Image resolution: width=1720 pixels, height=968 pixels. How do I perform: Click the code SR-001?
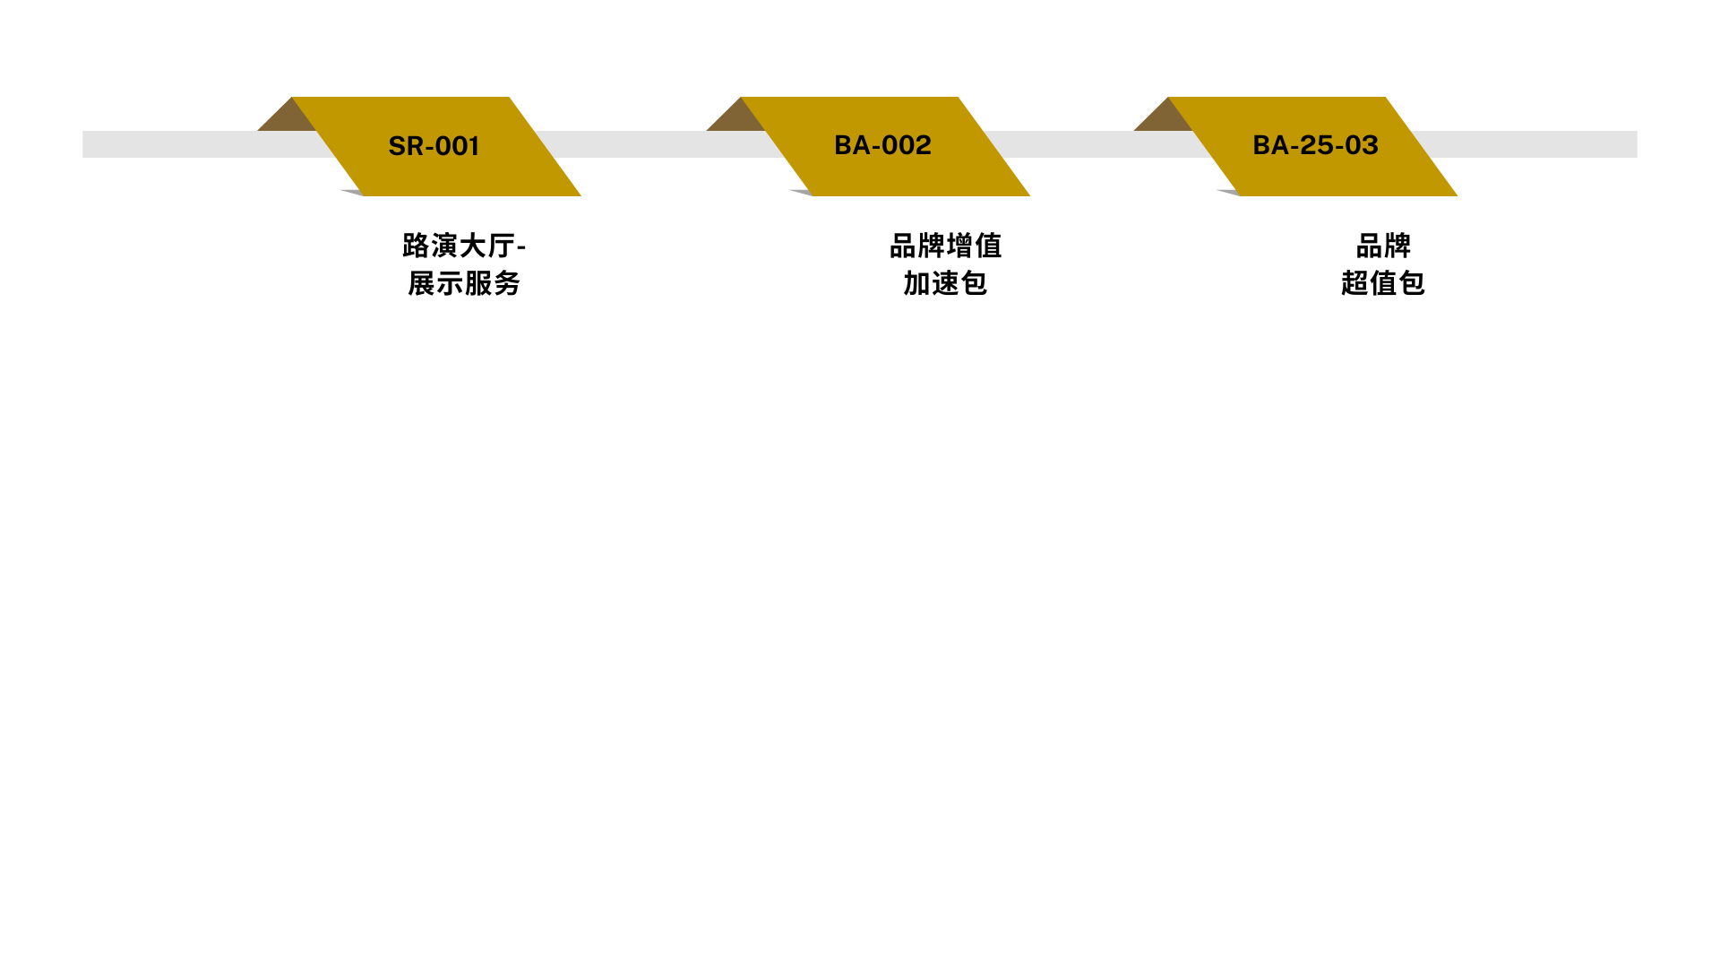pyautogui.click(x=434, y=146)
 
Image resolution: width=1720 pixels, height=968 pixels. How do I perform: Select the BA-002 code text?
pyautogui.click(x=882, y=145)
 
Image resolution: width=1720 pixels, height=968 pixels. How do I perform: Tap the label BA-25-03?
pyautogui.click(x=1315, y=145)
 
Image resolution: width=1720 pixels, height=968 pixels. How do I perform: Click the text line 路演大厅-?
pyautogui.click(x=464, y=246)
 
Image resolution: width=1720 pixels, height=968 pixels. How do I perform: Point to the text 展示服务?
pyautogui.click(x=464, y=283)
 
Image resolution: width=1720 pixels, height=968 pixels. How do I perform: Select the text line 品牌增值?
pyautogui.click(x=945, y=246)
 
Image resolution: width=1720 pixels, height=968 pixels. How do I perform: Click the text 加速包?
pyautogui.click(x=945, y=283)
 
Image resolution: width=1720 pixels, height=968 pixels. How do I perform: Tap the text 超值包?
pyautogui.click(x=1382, y=283)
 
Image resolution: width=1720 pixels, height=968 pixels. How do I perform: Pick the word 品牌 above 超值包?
pyautogui.click(x=1383, y=246)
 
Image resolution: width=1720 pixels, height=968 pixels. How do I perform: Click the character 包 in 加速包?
pyautogui.click(x=974, y=283)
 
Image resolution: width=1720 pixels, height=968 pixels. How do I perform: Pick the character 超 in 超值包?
pyautogui.click(x=1354, y=283)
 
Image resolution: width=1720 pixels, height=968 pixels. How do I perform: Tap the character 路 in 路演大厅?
pyautogui.click(x=417, y=246)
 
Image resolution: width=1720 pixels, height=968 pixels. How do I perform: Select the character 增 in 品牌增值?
pyautogui.click(x=959, y=246)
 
